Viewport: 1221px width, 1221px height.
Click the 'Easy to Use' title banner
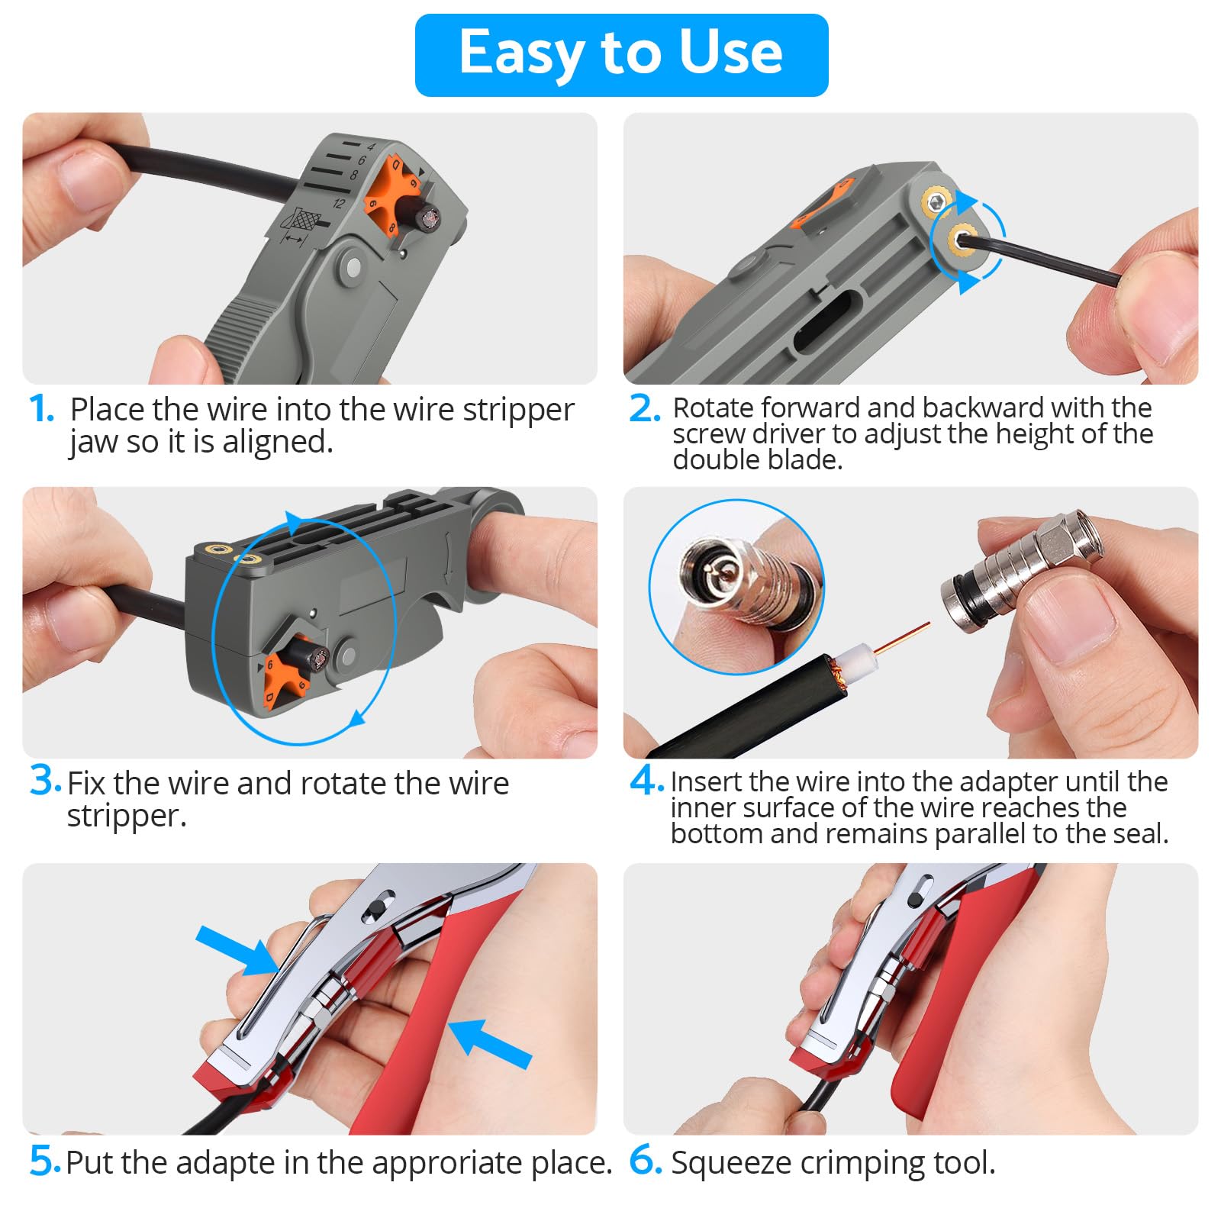(x=621, y=55)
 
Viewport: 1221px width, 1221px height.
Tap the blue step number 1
(x=42, y=409)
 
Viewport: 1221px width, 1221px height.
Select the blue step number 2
(x=644, y=408)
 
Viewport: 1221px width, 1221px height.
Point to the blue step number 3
(x=45, y=780)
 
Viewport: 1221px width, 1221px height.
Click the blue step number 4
(x=646, y=780)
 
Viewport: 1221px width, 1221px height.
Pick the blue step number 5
(x=45, y=1161)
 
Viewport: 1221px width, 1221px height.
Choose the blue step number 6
(x=646, y=1160)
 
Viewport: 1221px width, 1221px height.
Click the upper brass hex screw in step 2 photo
(x=936, y=201)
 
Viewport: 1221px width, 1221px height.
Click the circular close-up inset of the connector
(x=736, y=586)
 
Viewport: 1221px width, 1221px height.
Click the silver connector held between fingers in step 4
(x=1022, y=566)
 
